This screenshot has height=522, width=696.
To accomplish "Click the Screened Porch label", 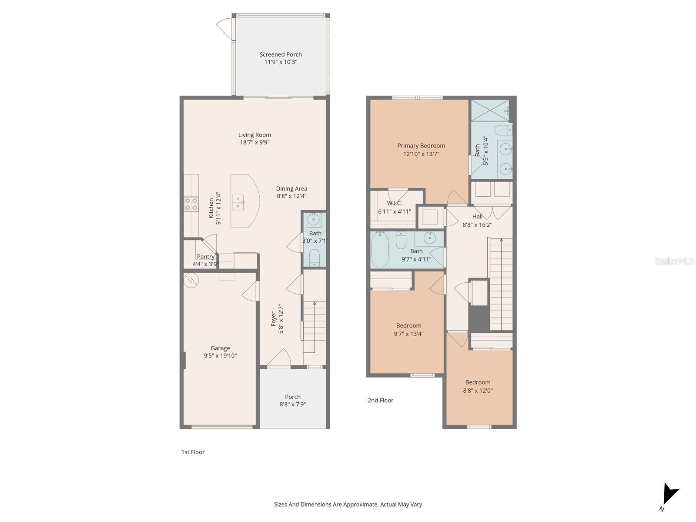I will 281,54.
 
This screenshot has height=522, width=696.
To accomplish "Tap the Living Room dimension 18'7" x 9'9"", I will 254,142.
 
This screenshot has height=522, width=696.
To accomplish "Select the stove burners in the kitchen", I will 191,204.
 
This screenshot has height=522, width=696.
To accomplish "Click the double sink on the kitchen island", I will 238,202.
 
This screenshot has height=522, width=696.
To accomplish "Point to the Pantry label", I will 205,257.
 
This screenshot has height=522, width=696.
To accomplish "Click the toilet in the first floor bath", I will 314,258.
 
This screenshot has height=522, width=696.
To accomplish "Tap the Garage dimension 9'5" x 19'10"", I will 220,355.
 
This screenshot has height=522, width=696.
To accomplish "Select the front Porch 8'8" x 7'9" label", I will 293,400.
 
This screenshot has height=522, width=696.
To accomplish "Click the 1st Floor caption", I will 193,452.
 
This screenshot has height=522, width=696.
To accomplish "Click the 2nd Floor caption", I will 380,400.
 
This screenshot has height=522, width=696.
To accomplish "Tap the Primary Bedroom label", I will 421,146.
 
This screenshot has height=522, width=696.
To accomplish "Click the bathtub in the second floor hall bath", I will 380,250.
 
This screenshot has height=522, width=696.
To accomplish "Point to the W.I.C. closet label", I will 394,203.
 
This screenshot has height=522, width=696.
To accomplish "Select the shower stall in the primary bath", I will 490,110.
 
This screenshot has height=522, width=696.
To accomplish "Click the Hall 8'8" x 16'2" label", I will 477,221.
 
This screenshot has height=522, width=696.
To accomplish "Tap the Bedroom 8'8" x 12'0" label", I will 478,386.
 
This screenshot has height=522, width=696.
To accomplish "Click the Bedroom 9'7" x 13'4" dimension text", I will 408,334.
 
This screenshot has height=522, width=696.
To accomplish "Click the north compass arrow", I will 669,495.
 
